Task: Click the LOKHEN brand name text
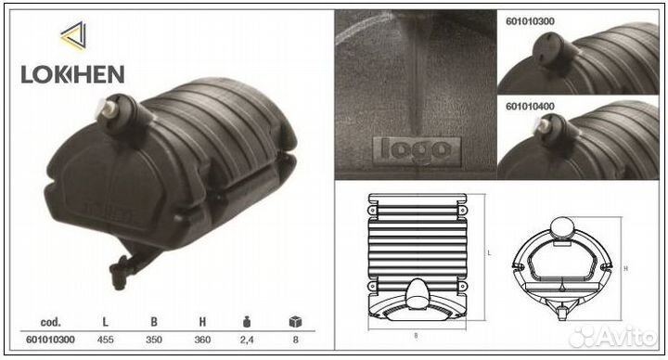tap(72, 74)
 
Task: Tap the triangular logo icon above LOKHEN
tap(74, 36)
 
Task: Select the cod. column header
tap(51, 322)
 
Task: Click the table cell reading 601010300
tap(50, 340)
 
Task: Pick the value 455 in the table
tap(105, 340)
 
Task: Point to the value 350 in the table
tap(154, 340)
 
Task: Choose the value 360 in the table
tap(202, 340)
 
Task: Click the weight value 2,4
tap(247, 340)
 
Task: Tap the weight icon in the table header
tap(247, 322)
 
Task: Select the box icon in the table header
tap(295, 322)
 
